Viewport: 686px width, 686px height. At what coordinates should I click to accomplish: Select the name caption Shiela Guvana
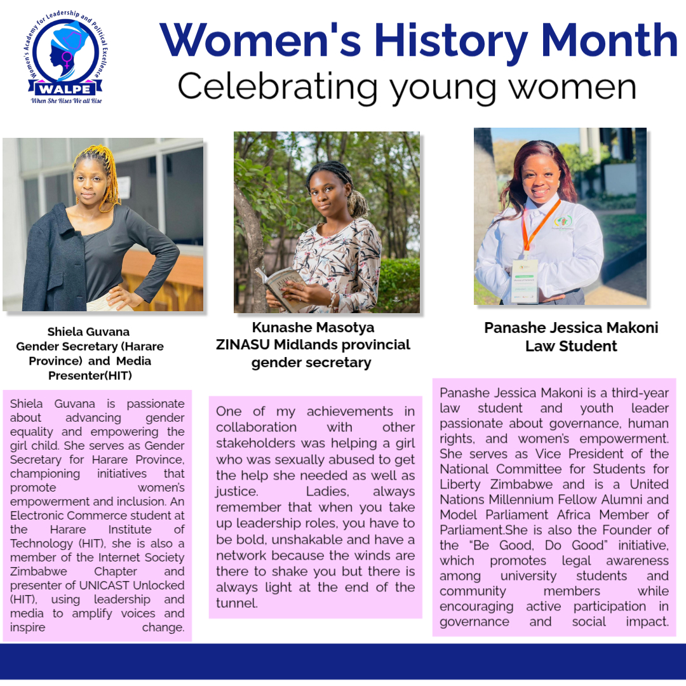tap(88, 332)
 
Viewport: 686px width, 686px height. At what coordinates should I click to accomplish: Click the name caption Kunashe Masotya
tap(313, 328)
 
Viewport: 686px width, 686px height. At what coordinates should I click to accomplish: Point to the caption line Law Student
tap(571, 346)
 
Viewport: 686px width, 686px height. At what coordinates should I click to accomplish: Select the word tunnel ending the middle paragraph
tap(236, 603)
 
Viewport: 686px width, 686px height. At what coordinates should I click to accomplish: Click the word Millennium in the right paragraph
tap(519, 500)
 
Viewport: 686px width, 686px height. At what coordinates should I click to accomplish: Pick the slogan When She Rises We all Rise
tap(67, 100)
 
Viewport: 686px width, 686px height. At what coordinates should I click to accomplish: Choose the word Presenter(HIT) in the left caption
tap(90, 375)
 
